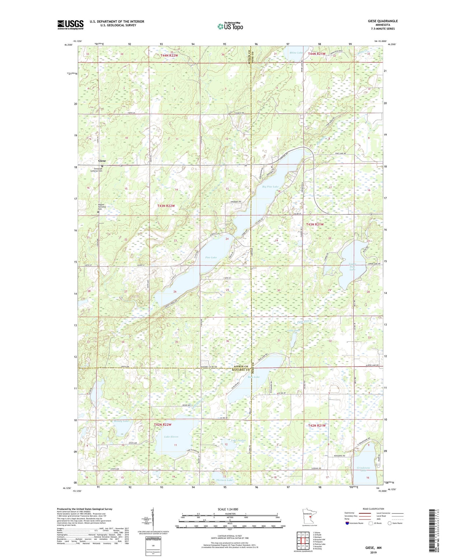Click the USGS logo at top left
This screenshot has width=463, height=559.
[x=70, y=25]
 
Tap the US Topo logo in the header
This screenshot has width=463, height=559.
[x=230, y=27]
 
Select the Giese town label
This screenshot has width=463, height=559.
[x=102, y=161]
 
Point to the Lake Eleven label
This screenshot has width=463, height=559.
[x=171, y=437]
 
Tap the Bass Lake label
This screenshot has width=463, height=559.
[x=253, y=377]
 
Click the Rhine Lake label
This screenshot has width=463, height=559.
[x=296, y=53]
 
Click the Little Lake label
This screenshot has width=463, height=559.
[x=293, y=331]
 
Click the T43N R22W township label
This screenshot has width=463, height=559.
[x=166, y=206]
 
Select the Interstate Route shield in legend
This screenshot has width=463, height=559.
[x=347, y=523]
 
